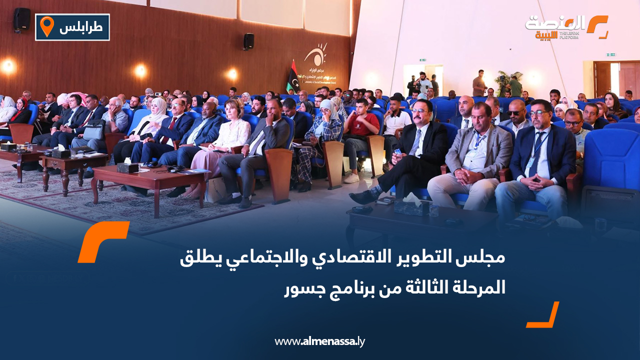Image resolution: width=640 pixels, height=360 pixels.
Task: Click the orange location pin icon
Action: click(46, 26)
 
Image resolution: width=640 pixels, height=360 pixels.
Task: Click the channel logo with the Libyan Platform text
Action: click(566, 27)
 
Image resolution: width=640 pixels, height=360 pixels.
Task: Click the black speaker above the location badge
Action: click(21, 19)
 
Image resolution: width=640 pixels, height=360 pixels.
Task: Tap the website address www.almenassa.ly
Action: click(319, 342)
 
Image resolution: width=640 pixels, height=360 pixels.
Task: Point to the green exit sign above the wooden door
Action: click(611, 54)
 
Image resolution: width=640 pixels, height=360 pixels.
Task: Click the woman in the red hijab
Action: click(21, 107)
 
